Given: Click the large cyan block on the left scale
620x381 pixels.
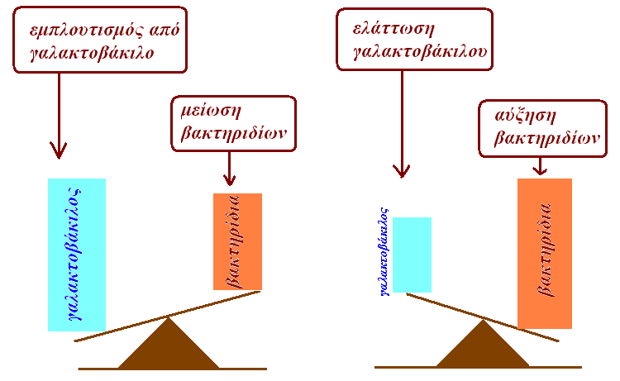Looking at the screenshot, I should (x=77, y=255).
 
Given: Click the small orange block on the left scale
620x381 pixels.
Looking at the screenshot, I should (x=237, y=241).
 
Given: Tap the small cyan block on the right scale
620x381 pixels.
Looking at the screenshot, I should (x=412, y=255).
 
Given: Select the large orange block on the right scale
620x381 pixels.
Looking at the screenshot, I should (x=544, y=253).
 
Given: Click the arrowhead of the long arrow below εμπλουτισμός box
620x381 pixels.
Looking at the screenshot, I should (x=59, y=151).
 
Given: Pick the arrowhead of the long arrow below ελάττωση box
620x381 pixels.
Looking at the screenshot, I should (x=402, y=170).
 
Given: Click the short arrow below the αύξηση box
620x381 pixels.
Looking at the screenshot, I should (x=539, y=165).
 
